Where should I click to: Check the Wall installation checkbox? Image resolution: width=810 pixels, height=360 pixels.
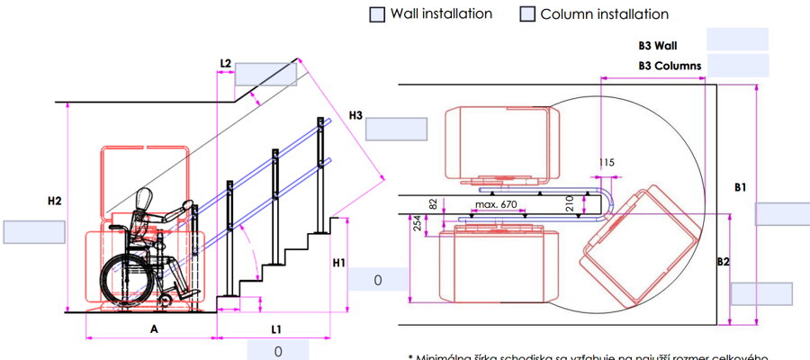click(377, 14)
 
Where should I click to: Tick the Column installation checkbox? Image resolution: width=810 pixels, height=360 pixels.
click(527, 14)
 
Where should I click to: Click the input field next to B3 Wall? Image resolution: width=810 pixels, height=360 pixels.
click(737, 40)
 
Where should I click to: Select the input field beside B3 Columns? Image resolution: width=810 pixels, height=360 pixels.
click(737, 66)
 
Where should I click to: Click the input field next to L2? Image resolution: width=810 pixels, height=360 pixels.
click(266, 74)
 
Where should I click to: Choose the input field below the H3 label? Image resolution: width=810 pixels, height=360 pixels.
click(396, 129)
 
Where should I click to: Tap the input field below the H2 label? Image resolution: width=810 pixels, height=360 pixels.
click(34, 231)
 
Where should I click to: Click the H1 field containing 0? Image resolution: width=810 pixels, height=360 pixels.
click(378, 280)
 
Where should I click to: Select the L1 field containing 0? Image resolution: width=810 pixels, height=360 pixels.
click(278, 350)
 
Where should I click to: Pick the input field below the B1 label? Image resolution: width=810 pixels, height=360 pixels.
click(781, 213)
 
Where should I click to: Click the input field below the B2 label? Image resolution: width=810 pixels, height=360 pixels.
click(761, 294)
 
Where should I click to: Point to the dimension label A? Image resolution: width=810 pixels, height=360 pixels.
click(154, 329)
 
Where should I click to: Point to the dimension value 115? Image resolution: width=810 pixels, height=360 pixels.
click(606, 163)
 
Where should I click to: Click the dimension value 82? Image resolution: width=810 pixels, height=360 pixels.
click(433, 204)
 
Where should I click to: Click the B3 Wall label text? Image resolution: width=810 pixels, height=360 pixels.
click(657, 43)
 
